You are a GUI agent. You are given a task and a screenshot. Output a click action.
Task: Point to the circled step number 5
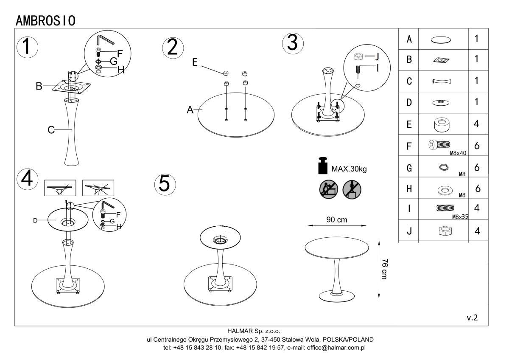tap(164, 183)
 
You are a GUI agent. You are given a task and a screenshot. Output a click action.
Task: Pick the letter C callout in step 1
tap(50, 130)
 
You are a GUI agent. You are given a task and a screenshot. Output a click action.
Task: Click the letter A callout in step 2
tap(190, 110)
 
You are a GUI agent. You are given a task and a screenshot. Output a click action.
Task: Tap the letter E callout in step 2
tap(195, 62)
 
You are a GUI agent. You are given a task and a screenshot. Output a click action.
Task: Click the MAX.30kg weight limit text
tap(349, 169)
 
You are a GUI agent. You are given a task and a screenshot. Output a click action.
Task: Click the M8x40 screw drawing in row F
tap(442, 145)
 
